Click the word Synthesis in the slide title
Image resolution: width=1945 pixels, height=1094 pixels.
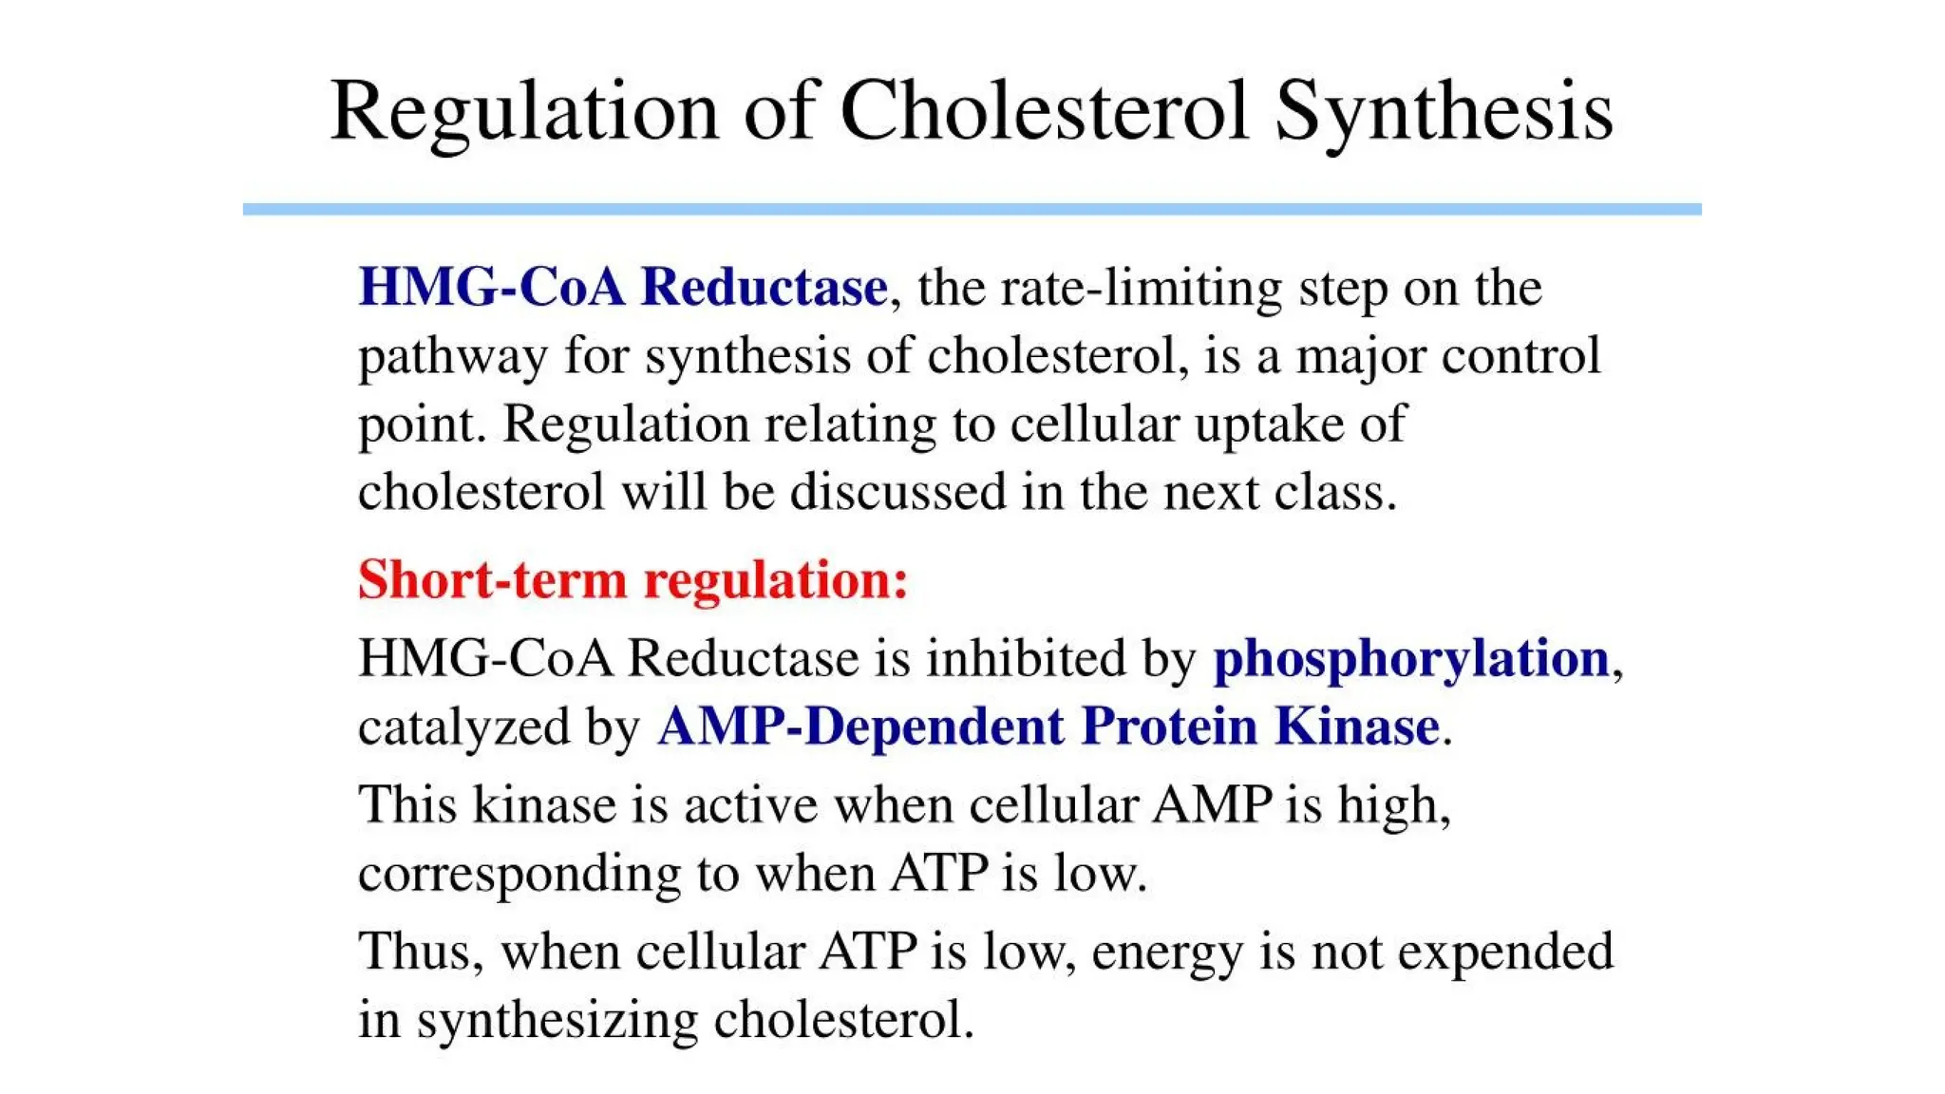click(x=1443, y=112)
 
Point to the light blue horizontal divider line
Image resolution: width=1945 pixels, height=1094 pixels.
click(x=972, y=209)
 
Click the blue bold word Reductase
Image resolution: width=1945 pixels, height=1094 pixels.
click(x=764, y=287)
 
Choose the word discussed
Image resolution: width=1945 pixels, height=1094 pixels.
click(x=897, y=492)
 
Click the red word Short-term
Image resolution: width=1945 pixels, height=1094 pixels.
click(x=492, y=579)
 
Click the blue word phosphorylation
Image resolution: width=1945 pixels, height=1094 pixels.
click(x=1411, y=658)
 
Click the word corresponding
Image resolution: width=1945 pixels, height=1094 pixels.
click(x=519, y=874)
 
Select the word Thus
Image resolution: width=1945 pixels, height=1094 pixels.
click(x=414, y=951)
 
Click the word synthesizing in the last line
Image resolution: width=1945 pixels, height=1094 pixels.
click(x=557, y=1021)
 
